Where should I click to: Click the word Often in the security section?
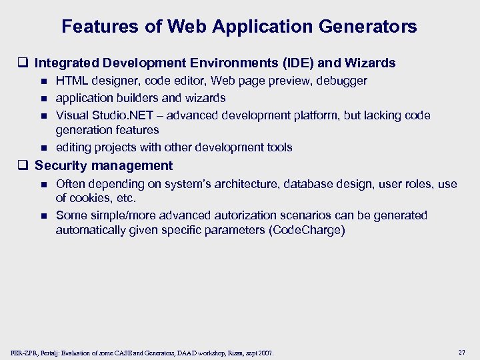71,183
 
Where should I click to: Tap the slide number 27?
462,351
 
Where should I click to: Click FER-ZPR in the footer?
25,352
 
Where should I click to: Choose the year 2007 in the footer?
265,352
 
